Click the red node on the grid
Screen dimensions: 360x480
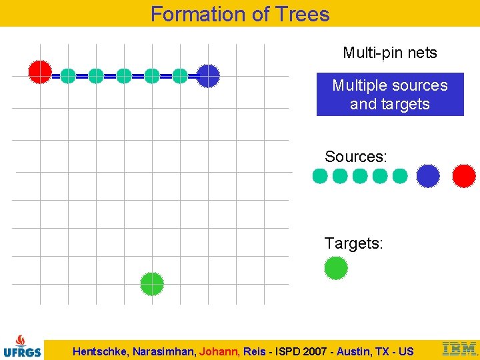pyautogui.click(x=40, y=71)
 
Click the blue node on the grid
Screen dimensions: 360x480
pyautogui.click(x=208, y=76)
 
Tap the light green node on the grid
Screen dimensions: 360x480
pyautogui.click(x=152, y=284)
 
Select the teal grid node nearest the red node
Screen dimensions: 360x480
pyautogui.click(x=68, y=76)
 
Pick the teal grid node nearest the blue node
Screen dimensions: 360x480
pyautogui.click(x=180, y=76)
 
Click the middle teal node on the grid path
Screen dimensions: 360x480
pyautogui.click(x=124, y=76)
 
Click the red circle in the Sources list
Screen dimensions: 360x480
pyautogui.click(x=464, y=176)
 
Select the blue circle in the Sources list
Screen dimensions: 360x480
pyautogui.click(x=428, y=176)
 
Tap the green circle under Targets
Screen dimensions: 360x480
pyautogui.click(x=336, y=268)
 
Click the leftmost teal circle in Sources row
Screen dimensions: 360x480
pyautogui.click(x=320, y=176)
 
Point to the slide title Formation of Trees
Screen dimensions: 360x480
pyautogui.click(x=240, y=13)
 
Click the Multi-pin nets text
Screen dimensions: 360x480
pyautogui.click(x=390, y=53)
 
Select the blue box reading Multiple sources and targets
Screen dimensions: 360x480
pyautogui.click(x=390, y=95)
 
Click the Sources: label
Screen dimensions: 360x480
pyautogui.click(x=355, y=157)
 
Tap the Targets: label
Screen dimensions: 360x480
pyautogui.click(x=353, y=243)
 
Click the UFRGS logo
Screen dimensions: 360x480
pyautogui.click(x=22, y=345)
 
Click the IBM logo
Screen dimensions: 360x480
pyautogui.click(x=459, y=348)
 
